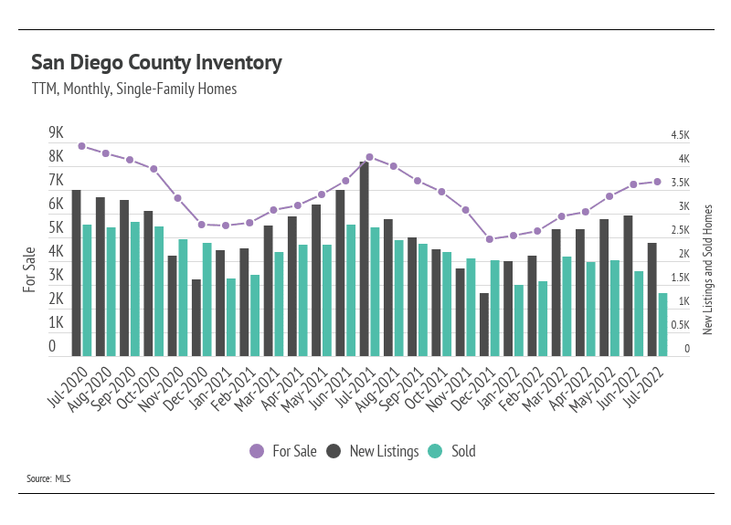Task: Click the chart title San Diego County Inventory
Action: (x=156, y=63)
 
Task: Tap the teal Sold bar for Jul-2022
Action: (x=662, y=324)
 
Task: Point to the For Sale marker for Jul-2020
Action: (x=81, y=146)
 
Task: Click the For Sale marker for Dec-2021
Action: (x=490, y=239)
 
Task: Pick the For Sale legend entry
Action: (x=283, y=451)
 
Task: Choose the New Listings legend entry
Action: (x=373, y=451)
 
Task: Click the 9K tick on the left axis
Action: (x=56, y=132)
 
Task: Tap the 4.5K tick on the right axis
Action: (x=680, y=135)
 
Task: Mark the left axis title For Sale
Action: (x=29, y=269)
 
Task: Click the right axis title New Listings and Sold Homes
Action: (x=707, y=269)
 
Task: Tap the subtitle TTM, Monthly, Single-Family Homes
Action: (x=134, y=89)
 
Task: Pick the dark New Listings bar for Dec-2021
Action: (x=484, y=324)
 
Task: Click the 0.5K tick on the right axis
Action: (x=681, y=325)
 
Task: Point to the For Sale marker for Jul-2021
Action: (x=369, y=157)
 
